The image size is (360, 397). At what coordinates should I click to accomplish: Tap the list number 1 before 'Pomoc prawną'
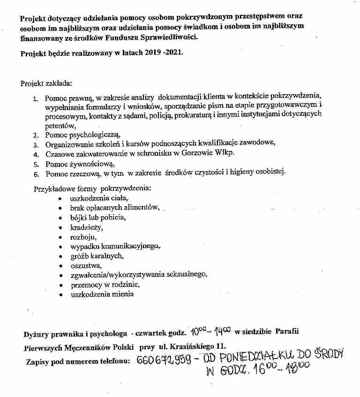point(36,99)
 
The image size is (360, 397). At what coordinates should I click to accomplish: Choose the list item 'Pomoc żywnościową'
point(80,164)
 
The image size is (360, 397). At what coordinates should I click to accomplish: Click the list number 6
point(36,174)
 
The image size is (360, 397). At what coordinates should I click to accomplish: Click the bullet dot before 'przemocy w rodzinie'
point(60,285)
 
